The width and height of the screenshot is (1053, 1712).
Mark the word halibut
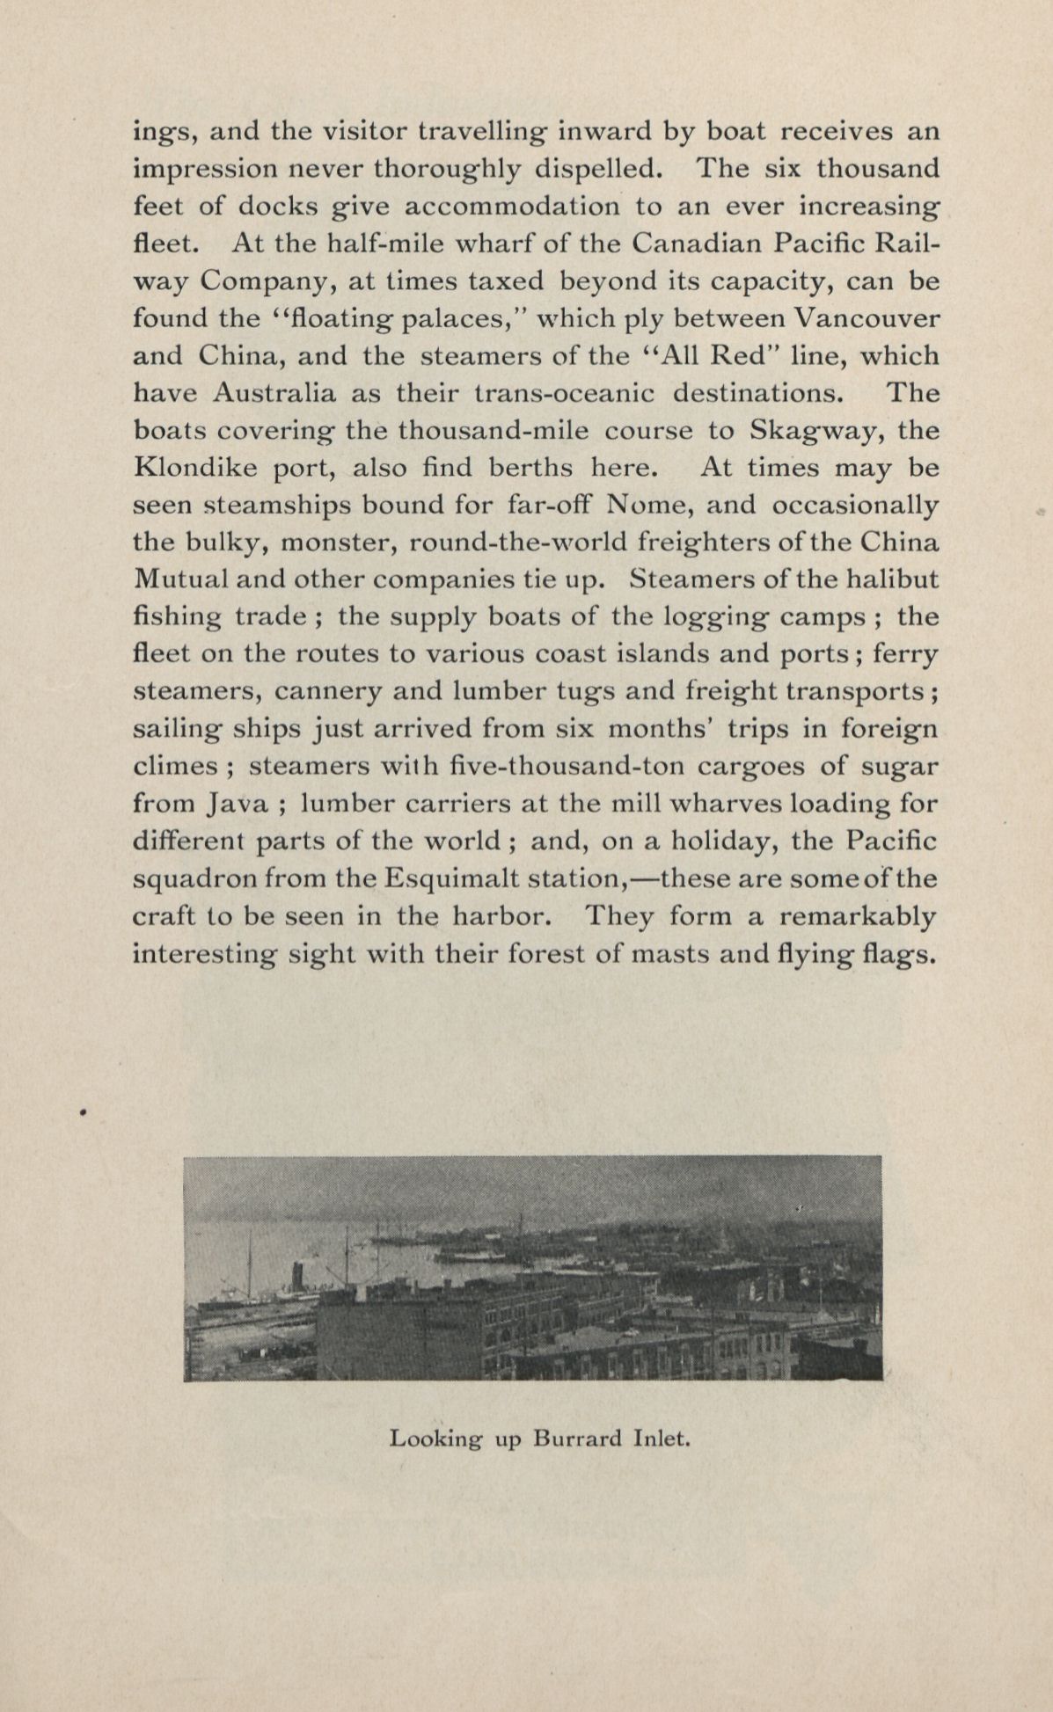pos(889,579)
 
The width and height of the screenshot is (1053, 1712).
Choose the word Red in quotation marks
pos(735,356)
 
